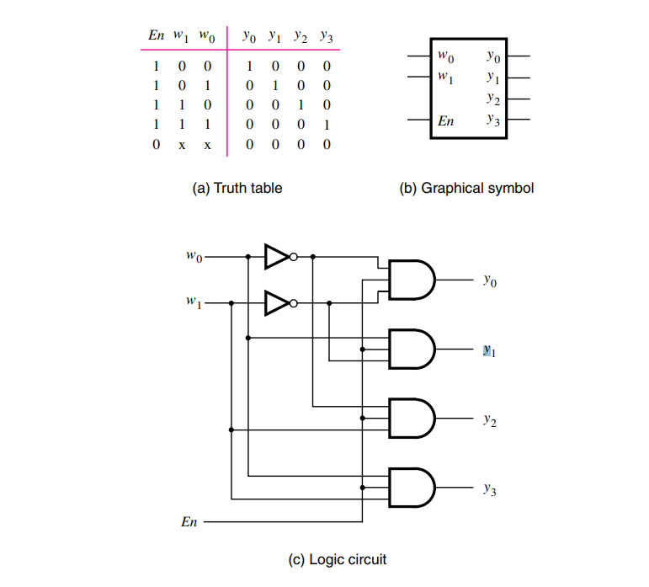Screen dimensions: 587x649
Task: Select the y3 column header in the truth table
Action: point(326,37)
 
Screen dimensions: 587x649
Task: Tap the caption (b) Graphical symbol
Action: point(466,188)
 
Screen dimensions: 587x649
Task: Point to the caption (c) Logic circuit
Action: point(338,558)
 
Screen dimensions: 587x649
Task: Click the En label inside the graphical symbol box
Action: point(446,121)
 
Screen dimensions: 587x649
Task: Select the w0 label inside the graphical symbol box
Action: point(446,57)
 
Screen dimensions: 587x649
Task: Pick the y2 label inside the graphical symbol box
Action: point(493,99)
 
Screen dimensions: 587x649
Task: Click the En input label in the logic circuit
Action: point(189,522)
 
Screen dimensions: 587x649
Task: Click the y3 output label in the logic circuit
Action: point(489,488)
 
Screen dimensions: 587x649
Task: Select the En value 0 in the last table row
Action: point(156,145)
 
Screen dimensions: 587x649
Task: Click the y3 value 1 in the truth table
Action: point(327,125)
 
